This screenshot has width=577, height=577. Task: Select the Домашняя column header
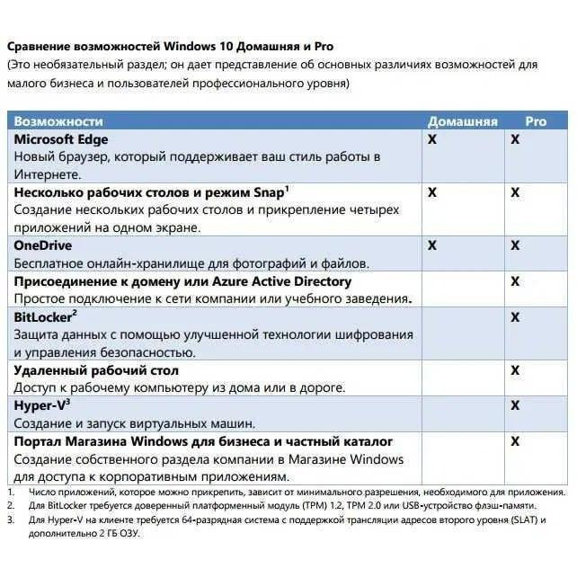[462, 121]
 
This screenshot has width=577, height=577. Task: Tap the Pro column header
[536, 121]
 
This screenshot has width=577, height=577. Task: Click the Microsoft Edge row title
[61, 139]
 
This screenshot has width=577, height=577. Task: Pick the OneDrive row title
[42, 244]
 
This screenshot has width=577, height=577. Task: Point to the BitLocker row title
[43, 316]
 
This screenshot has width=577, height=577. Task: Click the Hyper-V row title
[41, 405]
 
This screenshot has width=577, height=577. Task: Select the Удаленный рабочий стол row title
[96, 369]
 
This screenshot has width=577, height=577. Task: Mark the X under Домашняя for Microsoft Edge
[431, 140]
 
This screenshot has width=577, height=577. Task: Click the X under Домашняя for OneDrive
[431, 245]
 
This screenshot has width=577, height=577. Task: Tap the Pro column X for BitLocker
[515, 317]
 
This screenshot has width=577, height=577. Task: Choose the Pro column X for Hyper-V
[515, 406]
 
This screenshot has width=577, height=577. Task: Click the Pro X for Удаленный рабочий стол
[515, 370]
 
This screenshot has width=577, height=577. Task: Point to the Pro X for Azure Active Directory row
[515, 281]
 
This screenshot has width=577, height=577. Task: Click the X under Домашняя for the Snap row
[431, 192]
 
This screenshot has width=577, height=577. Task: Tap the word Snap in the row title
[267, 192]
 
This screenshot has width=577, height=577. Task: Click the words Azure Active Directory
[273, 281]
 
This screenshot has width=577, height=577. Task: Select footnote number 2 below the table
[10, 505]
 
